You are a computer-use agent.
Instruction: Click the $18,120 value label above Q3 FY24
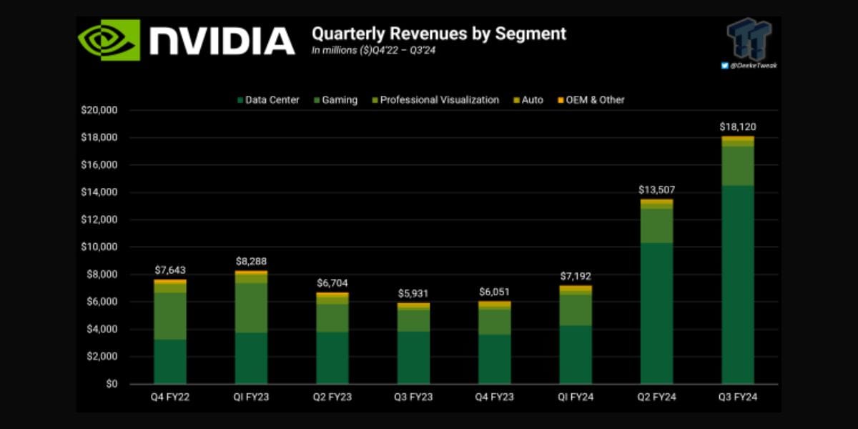click(738, 127)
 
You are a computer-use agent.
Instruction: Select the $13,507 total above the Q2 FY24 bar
click(656, 190)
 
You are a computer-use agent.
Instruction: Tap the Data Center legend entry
click(268, 100)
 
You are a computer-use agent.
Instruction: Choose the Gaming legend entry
click(335, 100)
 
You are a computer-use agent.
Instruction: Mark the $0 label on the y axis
click(111, 384)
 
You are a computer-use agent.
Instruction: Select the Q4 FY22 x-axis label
click(170, 397)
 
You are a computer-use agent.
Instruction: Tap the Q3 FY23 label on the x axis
click(413, 397)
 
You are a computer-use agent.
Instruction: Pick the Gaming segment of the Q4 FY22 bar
click(170, 315)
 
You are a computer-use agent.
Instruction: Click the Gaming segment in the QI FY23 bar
click(251, 307)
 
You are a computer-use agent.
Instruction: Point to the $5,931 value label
click(413, 294)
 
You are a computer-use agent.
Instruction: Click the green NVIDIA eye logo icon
click(109, 40)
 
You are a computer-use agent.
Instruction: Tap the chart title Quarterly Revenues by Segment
click(438, 34)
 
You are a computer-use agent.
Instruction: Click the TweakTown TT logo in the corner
click(749, 39)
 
